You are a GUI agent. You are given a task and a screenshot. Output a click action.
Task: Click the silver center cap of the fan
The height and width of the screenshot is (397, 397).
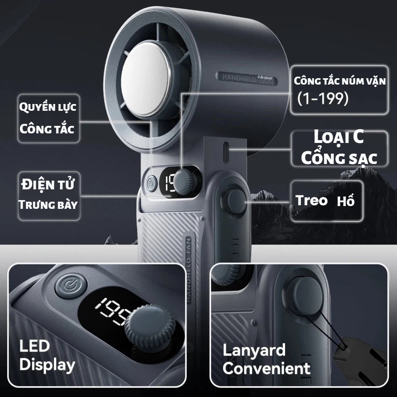145,79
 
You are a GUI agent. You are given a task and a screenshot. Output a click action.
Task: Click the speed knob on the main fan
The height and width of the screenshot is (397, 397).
185,182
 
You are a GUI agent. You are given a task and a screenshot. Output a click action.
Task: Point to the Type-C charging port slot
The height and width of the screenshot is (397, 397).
226,153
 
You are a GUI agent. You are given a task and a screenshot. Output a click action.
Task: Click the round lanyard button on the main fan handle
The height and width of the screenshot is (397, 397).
235,201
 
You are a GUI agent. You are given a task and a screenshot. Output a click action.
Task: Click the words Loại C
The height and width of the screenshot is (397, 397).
339,137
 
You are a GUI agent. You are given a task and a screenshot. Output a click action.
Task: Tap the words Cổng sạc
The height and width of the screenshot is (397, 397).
339,158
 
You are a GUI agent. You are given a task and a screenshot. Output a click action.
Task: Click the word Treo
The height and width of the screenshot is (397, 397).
311,200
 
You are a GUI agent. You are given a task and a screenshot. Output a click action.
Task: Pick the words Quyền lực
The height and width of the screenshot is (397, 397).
48,107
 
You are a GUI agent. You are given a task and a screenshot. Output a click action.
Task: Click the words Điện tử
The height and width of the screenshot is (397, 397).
48,184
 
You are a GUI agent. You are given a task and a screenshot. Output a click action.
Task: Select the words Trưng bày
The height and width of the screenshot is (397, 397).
48,204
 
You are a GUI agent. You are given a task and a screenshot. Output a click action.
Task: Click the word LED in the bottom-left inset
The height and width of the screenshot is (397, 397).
35,346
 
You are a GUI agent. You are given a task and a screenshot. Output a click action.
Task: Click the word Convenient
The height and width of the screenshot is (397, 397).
266,368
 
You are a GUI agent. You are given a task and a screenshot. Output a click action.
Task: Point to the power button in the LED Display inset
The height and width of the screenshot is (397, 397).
71,286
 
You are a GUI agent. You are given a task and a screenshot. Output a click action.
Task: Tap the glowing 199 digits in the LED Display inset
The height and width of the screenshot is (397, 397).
114,311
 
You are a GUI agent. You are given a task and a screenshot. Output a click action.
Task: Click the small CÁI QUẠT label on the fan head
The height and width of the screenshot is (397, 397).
265,78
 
